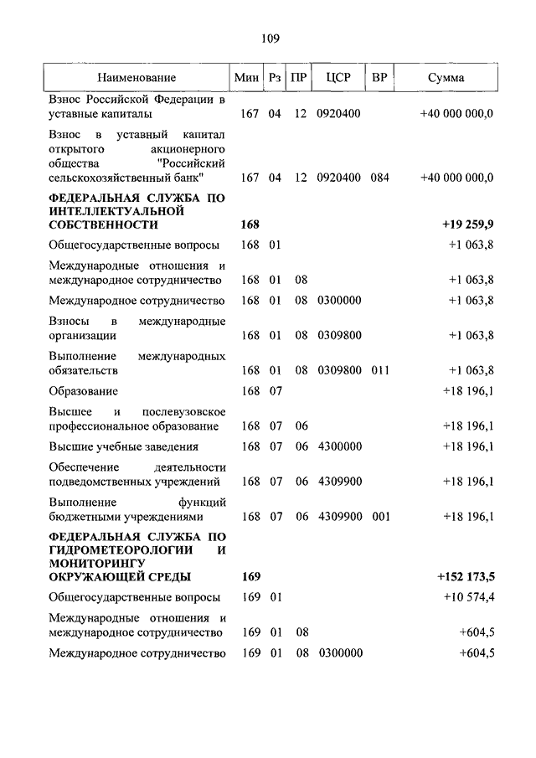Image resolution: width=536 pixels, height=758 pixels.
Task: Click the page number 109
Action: pyautogui.click(x=270, y=38)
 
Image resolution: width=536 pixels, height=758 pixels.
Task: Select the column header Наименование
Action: pyautogui.click(x=137, y=78)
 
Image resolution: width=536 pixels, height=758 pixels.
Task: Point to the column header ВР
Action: pyautogui.click(x=379, y=78)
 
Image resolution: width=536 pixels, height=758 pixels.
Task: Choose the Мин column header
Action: pyautogui.click(x=246, y=78)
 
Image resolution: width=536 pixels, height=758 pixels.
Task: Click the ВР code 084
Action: pyautogui.click(x=381, y=177)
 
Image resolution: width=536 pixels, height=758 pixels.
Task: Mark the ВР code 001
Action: pyautogui.click(x=381, y=516)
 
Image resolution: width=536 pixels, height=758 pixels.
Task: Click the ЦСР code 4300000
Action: pyautogui.click(x=339, y=446)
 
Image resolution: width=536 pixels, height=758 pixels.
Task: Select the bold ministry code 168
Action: pyautogui.click(x=250, y=225)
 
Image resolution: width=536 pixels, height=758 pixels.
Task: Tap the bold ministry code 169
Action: pyautogui.click(x=250, y=577)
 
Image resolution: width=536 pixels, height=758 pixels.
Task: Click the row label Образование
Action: pyautogui.click(x=84, y=391)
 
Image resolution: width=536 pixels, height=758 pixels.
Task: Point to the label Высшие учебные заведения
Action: pyautogui.click(x=123, y=446)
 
